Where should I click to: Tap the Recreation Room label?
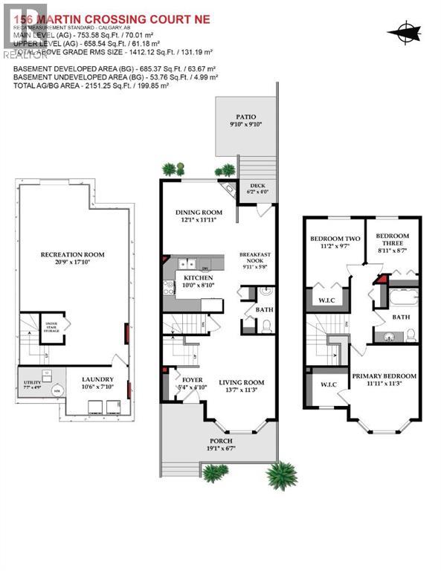[x=72, y=254]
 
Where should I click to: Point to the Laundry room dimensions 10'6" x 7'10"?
[x=97, y=387]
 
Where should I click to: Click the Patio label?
[x=245, y=116]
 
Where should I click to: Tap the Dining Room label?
[x=198, y=211]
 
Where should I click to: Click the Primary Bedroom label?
[x=384, y=375]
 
